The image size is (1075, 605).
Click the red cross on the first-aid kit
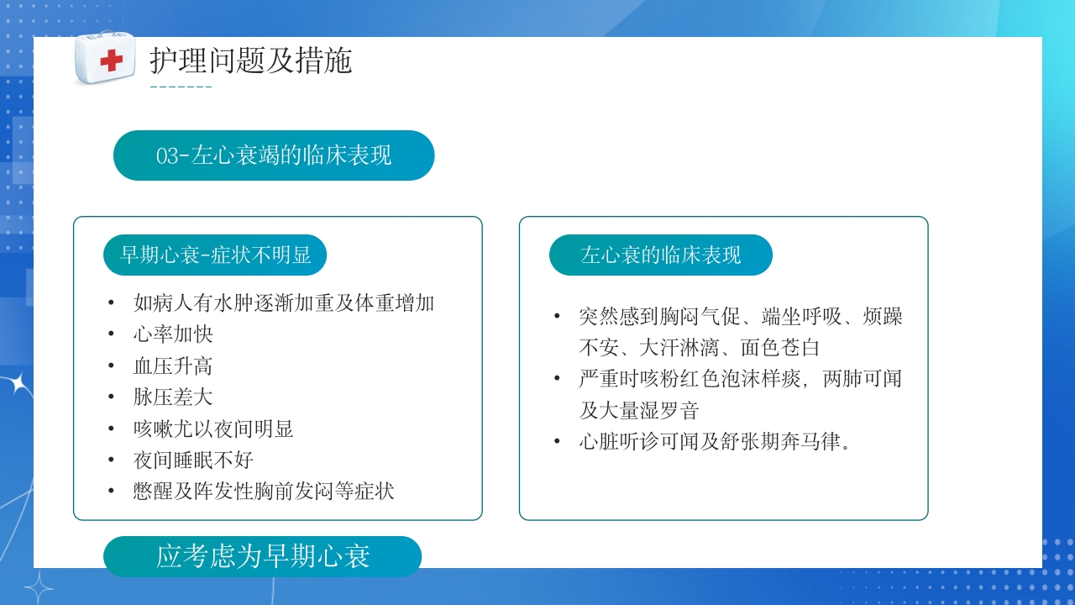[111, 60]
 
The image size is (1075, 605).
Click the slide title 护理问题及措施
[250, 60]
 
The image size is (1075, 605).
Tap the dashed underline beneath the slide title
[181, 87]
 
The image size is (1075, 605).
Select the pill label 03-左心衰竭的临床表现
[274, 155]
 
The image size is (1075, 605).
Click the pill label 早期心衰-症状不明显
[215, 255]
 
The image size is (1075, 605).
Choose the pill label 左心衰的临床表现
[660, 255]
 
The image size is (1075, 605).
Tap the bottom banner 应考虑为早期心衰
[262, 556]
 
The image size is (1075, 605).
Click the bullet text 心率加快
[173, 334]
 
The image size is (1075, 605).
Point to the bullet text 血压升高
[173, 366]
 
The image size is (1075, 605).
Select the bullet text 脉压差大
[173, 397]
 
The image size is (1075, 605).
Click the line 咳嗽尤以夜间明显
[213, 429]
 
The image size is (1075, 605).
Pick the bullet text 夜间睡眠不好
[193, 460]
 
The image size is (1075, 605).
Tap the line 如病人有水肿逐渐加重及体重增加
[284, 302]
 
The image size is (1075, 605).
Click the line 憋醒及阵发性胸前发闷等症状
[264, 492]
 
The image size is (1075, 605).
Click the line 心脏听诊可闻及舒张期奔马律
[715, 442]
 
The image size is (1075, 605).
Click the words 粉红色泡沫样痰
[721, 379]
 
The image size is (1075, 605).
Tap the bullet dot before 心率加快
[111, 334]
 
